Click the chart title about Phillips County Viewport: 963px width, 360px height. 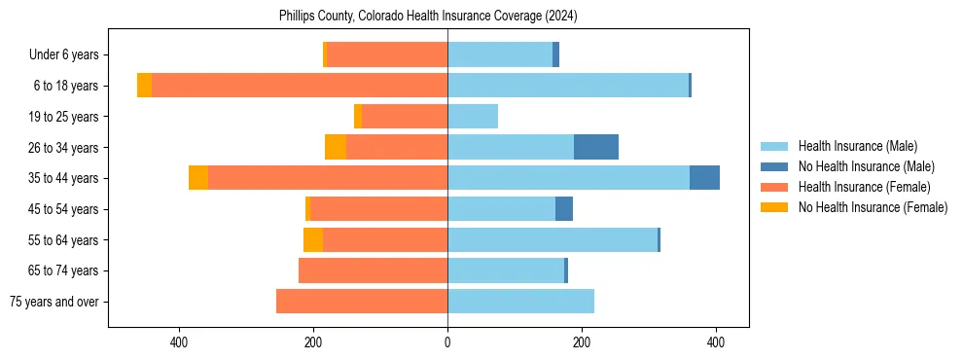tap(428, 16)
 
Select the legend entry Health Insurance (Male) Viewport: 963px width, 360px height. tap(857, 146)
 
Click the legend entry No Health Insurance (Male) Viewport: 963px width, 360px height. tap(866, 166)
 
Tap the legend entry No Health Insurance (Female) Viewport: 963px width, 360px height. tap(873, 207)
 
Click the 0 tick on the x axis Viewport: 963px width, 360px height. tap(447, 342)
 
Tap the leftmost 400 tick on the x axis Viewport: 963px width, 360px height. tap(179, 342)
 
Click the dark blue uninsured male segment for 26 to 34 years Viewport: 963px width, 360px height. tap(596, 147)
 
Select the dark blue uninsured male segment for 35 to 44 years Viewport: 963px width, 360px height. tap(704, 178)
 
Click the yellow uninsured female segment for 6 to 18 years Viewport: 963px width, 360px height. tap(144, 86)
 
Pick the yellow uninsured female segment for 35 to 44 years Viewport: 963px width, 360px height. tap(198, 178)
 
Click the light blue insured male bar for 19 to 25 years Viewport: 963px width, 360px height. tap(473, 117)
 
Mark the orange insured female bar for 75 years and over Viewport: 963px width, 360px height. tap(362, 302)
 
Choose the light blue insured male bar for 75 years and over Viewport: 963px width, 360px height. tap(520, 302)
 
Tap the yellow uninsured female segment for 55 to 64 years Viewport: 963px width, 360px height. tap(313, 239)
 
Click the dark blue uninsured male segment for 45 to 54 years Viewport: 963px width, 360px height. tap(564, 209)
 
